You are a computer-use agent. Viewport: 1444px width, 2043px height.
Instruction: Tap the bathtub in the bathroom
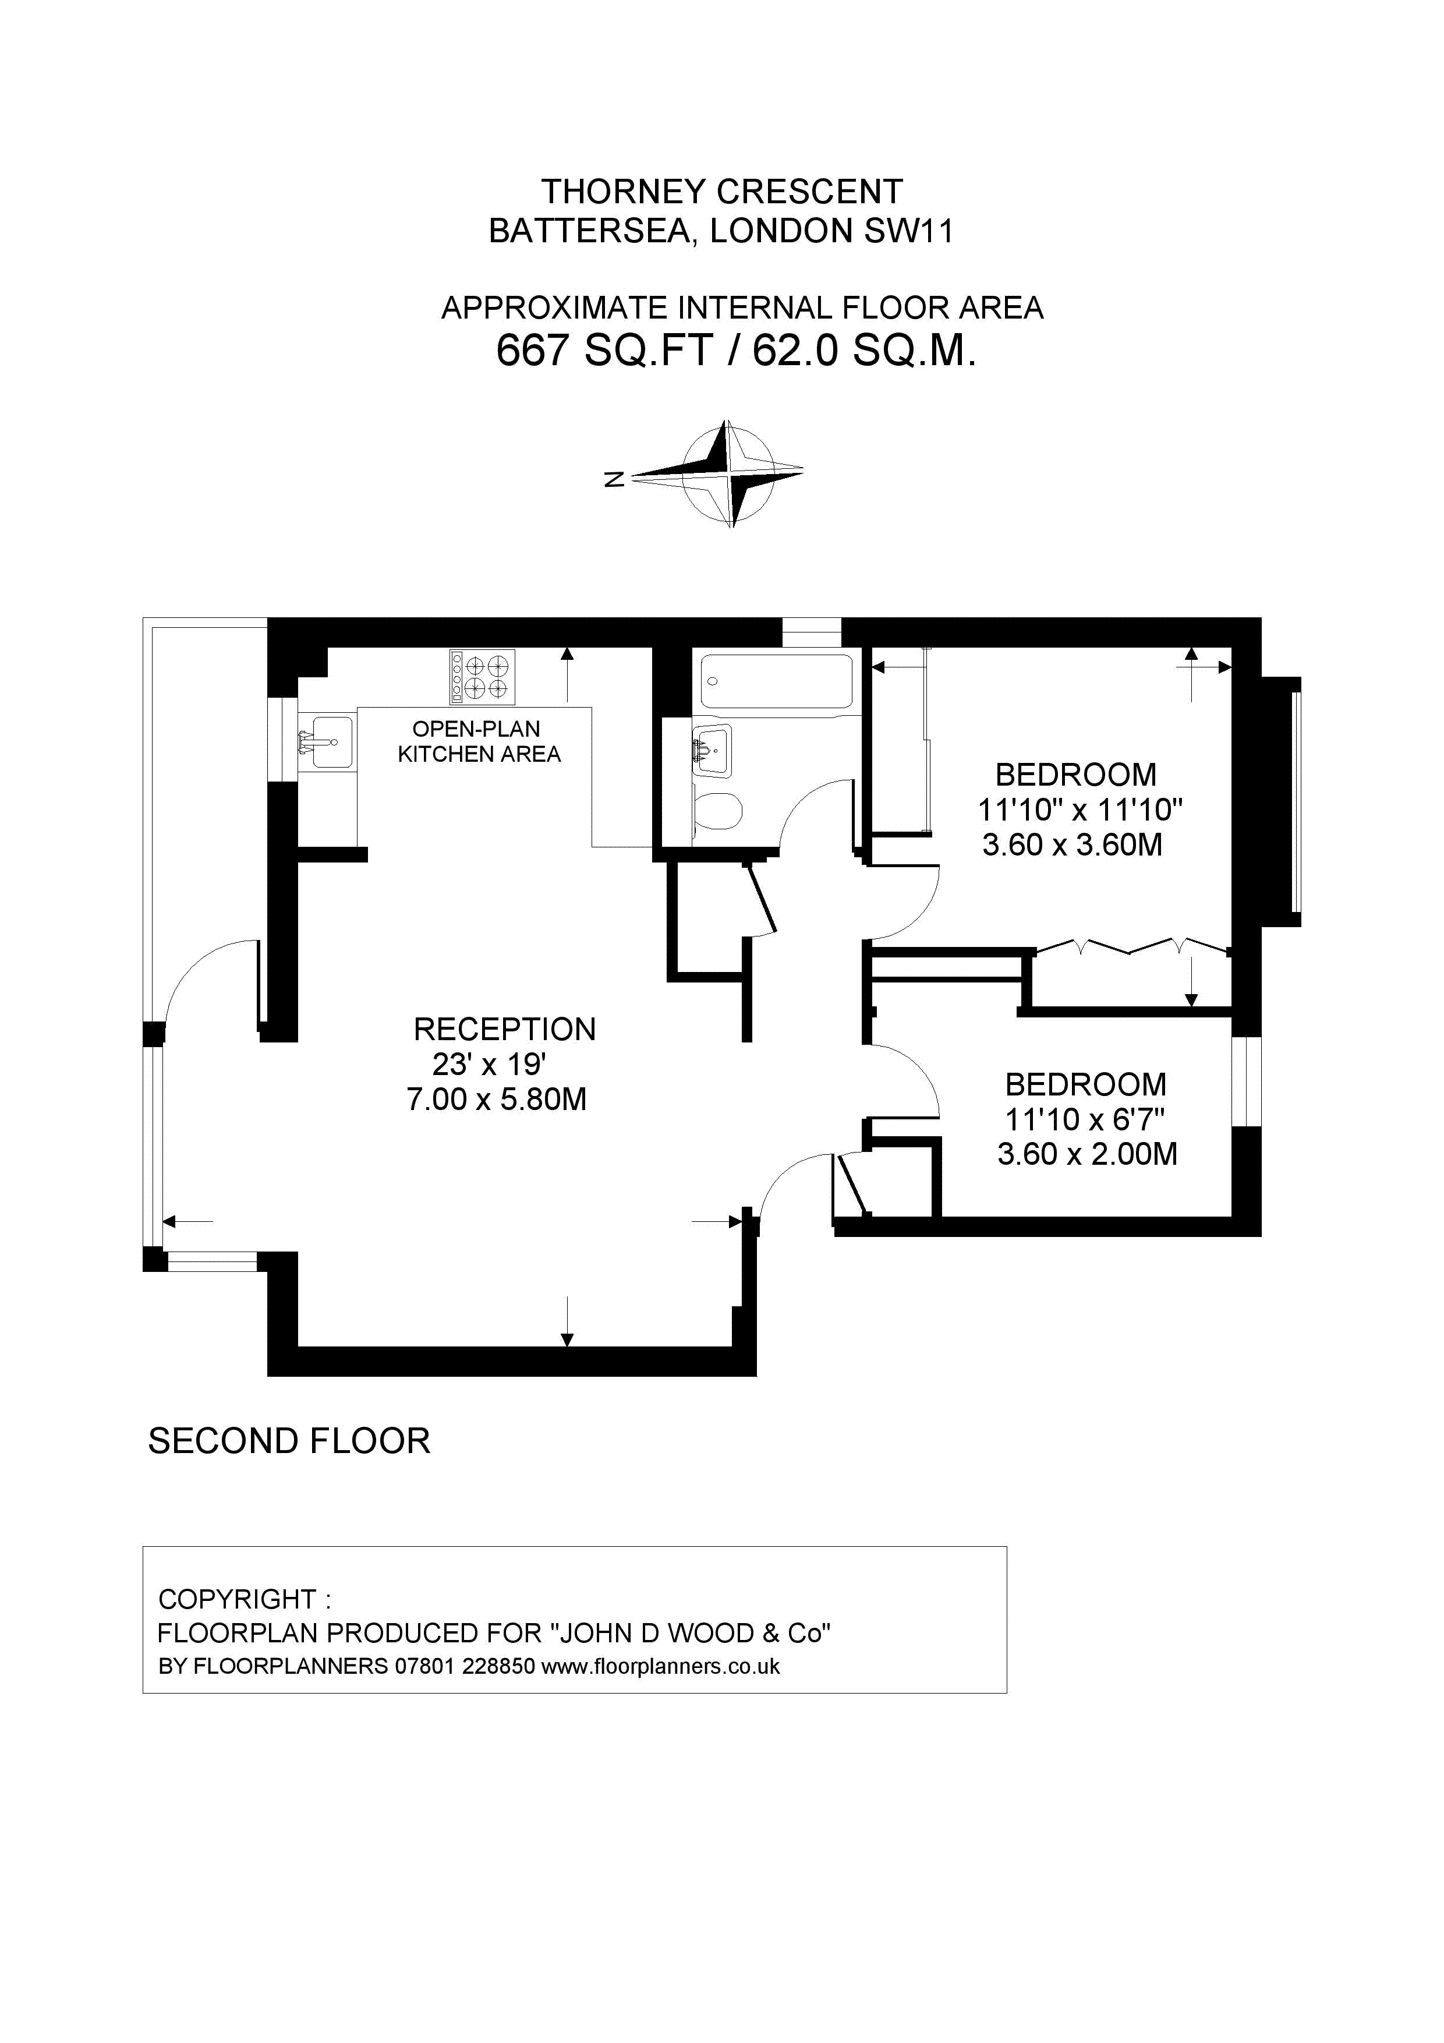[776, 681]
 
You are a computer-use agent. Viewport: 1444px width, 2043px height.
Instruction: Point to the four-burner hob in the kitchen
[482, 676]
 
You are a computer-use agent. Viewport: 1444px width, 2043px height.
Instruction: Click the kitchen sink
[325, 741]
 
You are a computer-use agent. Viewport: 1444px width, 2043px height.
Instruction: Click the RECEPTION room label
[504, 1030]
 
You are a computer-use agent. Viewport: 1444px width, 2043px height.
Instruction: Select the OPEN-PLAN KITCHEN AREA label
[479, 741]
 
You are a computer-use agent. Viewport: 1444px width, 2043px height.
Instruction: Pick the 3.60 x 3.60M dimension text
[1072, 844]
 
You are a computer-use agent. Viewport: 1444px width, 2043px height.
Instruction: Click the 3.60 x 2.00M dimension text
[1087, 1154]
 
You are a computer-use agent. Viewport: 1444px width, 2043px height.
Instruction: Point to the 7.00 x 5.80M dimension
[497, 1100]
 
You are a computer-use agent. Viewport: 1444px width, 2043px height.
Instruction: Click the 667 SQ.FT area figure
[605, 349]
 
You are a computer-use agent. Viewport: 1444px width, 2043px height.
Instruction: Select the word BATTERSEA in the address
[590, 231]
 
